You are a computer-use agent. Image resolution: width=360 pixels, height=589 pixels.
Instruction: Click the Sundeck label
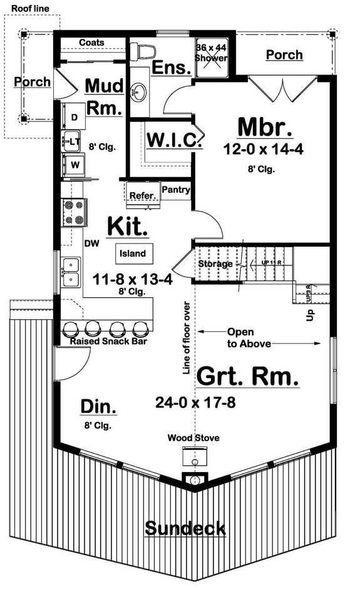point(185,528)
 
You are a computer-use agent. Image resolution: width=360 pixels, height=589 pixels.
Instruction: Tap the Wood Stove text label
point(193,438)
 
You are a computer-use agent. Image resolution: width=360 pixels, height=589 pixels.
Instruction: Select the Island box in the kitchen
point(133,254)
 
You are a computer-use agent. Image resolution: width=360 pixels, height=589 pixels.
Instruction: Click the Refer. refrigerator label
point(142,196)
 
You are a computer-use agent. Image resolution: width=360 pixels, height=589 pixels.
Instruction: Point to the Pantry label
point(176,189)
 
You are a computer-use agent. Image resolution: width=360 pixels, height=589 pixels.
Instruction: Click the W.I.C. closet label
point(174,140)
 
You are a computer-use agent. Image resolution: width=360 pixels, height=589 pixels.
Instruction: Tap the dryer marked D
point(74,117)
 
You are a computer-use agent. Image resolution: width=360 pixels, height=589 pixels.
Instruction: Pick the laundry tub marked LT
point(73,142)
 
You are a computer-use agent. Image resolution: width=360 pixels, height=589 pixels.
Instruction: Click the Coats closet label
point(91,43)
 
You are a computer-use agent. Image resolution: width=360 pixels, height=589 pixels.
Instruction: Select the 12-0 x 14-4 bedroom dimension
point(265,150)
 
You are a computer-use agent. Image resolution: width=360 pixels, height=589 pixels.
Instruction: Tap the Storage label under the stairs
point(215,264)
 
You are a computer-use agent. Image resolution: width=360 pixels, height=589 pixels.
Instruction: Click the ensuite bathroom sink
point(136,93)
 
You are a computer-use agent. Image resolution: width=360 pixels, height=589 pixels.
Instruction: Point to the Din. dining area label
point(99,407)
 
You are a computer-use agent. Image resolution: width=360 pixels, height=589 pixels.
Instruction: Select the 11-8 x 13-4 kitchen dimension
point(132,279)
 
